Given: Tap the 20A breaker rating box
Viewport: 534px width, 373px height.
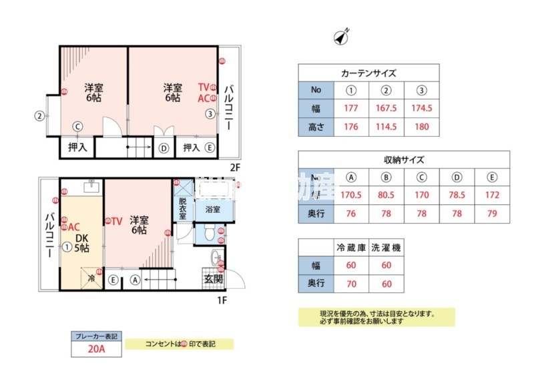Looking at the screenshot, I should click(95, 347).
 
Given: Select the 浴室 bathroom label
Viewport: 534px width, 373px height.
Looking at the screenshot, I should click(213, 210).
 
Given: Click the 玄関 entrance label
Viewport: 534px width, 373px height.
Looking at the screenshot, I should click(213, 279).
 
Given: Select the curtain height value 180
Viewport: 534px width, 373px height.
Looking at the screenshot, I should click(422, 127).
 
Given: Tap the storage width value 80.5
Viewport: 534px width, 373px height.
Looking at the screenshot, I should click(386, 196).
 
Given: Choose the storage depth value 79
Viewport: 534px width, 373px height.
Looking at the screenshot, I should click(493, 215).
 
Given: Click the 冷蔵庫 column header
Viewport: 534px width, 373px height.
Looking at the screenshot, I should click(350, 247).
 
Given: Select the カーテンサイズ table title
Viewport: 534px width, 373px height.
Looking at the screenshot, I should click(368, 73).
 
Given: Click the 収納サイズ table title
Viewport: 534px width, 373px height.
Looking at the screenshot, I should click(404, 160).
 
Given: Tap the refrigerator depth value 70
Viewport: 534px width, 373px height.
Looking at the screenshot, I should click(350, 283).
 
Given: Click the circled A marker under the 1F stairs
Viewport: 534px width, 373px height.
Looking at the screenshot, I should click(136, 280).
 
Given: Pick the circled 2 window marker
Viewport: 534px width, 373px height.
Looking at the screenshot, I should click(40, 115).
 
